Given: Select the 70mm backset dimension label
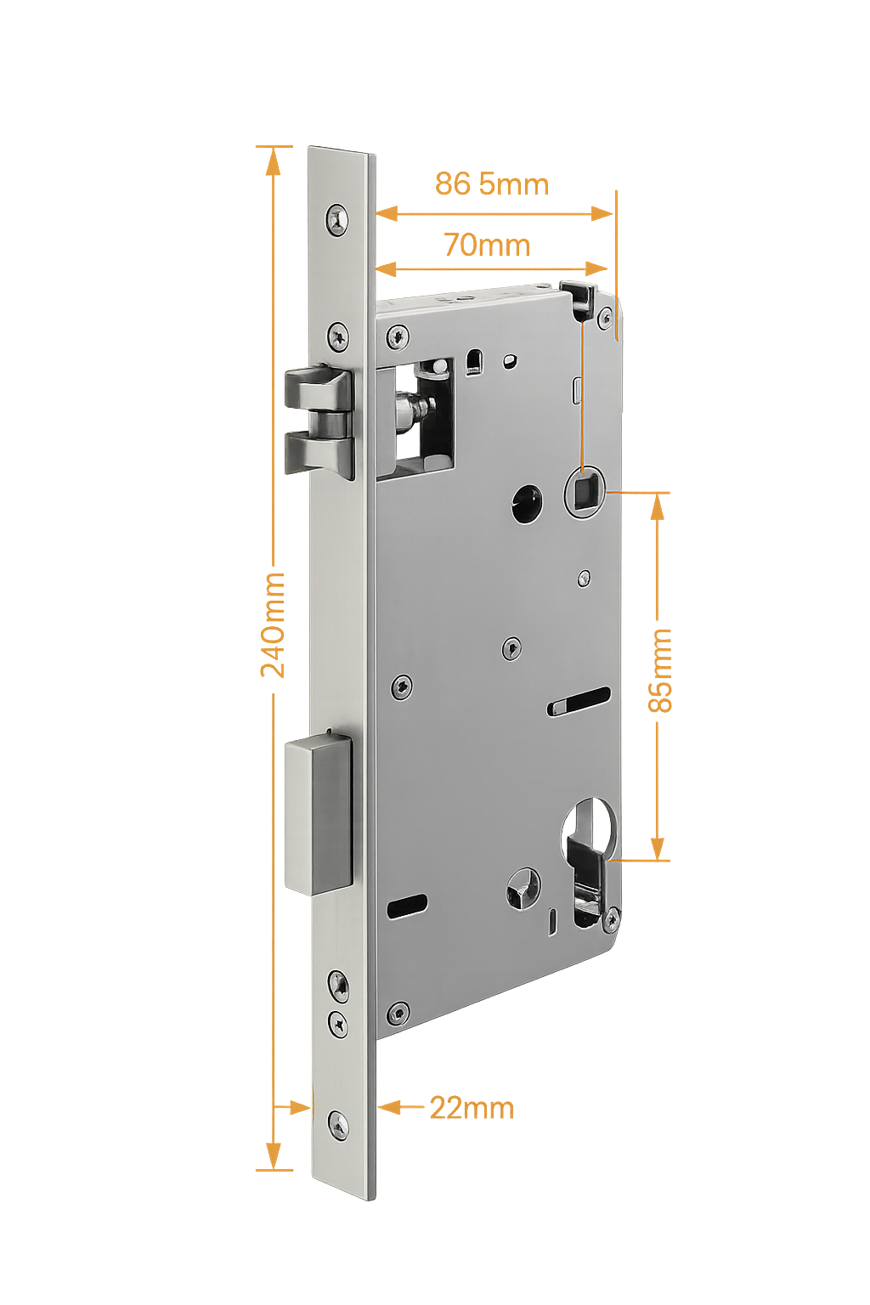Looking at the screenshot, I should click(487, 246).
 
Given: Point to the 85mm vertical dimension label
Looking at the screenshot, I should click(663, 671).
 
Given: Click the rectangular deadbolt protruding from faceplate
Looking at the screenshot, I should click(319, 816).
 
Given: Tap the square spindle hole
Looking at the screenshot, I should click(585, 492).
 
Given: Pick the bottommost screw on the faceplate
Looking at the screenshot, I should click(339, 1126).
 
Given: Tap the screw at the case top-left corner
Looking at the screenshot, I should click(397, 336).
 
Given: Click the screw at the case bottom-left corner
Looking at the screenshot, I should click(398, 1012).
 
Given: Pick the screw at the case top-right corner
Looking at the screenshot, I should click(604, 317).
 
